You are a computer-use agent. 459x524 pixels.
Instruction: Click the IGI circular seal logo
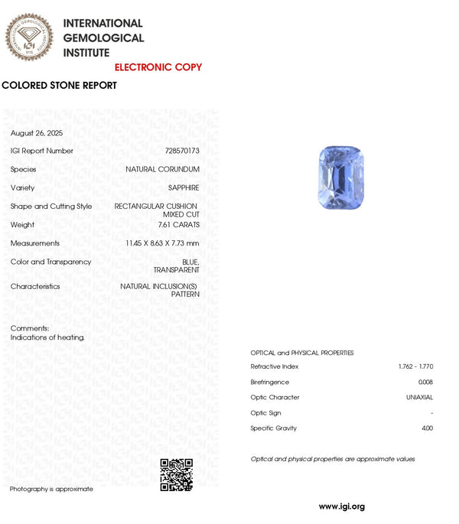pyautogui.click(x=30, y=37)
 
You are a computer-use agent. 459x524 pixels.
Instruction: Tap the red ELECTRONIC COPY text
pyautogui.click(x=158, y=67)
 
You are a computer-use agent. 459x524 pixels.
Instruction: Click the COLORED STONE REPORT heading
pyautogui.click(x=60, y=86)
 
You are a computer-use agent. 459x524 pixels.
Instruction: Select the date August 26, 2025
pyautogui.click(x=37, y=133)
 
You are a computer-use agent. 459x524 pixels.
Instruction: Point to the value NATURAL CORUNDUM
pyautogui.click(x=162, y=169)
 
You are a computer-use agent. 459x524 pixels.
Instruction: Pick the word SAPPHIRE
pyautogui.click(x=184, y=187)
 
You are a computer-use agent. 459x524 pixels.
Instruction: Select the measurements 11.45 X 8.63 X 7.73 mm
pyautogui.click(x=162, y=243)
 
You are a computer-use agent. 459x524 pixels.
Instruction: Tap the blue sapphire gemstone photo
pyautogui.click(x=340, y=178)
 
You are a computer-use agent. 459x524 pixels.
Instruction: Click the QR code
pyautogui.click(x=176, y=474)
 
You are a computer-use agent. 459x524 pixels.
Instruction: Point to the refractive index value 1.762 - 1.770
pyautogui.click(x=415, y=366)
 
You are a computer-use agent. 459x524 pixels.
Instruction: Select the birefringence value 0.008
pyautogui.click(x=425, y=382)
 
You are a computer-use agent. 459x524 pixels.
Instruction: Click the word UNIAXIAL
pyautogui.click(x=419, y=397)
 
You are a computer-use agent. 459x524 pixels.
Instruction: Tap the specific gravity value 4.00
pyautogui.click(x=426, y=428)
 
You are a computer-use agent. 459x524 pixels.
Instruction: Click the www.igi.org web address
pyautogui.click(x=341, y=506)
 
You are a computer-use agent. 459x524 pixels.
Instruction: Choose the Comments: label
pyautogui.click(x=30, y=328)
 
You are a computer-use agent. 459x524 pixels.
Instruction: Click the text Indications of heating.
pyautogui.click(x=47, y=337)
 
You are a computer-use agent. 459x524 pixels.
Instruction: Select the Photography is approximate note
pyautogui.click(x=51, y=489)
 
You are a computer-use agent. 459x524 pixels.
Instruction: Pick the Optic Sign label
pyautogui.click(x=265, y=413)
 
